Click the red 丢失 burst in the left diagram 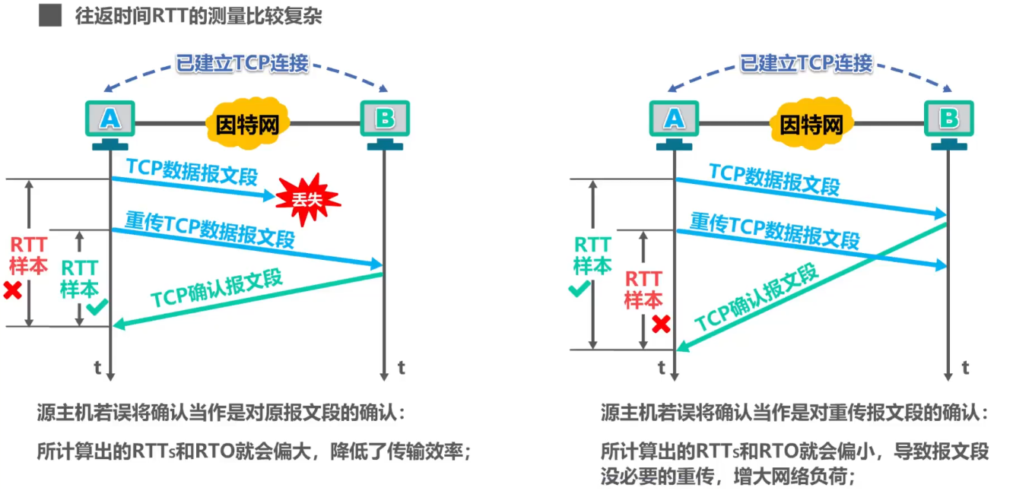[x=308, y=200]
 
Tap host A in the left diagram [x=110, y=119]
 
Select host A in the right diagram [x=674, y=119]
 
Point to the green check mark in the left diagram [x=97, y=307]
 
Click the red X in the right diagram [x=661, y=324]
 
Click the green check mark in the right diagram [x=580, y=289]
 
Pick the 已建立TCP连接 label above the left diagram [x=242, y=63]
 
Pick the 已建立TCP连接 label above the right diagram [x=806, y=63]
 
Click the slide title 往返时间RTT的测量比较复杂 [x=198, y=16]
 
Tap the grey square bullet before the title [x=49, y=16]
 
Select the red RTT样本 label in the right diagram [x=643, y=289]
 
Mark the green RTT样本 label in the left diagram [x=79, y=278]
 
